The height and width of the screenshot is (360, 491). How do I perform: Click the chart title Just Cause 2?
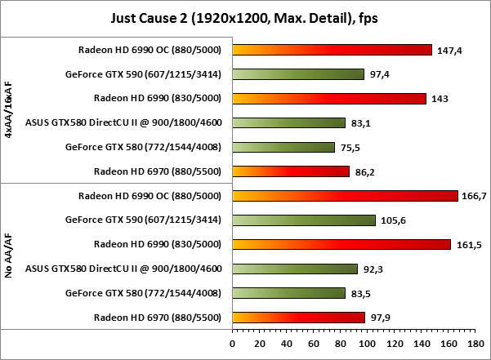245,17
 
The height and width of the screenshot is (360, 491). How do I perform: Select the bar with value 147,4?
332,50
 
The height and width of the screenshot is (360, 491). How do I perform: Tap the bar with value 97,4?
298,74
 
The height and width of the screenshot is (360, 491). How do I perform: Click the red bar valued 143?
329,99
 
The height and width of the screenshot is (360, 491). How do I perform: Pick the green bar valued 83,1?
288,123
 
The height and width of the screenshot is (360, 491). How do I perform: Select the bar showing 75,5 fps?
283,148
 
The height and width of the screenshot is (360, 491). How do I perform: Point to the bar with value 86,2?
291,171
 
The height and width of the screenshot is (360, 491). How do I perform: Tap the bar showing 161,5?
341,245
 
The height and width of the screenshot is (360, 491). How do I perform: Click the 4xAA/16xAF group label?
8,110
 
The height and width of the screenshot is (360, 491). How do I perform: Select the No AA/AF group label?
8,256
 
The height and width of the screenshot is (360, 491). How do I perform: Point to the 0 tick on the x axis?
233,343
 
